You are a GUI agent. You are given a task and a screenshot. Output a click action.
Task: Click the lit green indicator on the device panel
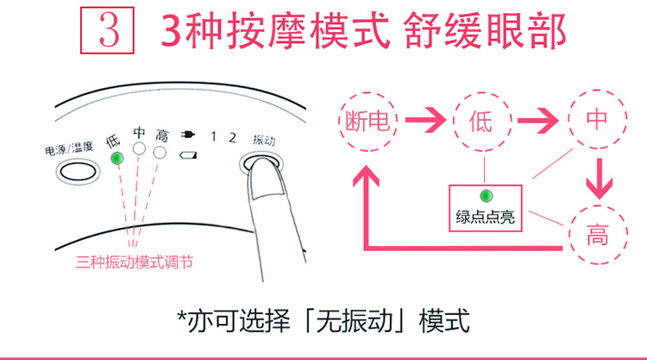pos(117,158)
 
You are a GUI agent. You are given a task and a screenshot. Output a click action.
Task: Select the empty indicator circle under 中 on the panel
pos(139,148)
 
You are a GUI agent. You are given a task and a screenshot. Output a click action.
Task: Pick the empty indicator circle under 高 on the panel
pos(160,153)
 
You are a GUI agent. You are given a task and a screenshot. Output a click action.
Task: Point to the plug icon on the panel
pos(188,135)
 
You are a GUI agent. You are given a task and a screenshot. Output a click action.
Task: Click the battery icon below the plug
pos(188,155)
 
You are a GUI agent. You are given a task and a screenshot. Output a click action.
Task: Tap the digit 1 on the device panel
pos(213,136)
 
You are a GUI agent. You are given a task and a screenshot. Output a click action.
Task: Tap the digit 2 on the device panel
pos(232,137)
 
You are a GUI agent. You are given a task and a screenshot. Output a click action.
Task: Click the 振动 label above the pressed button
pos(264,141)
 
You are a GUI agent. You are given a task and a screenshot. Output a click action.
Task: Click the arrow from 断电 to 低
pos(425,120)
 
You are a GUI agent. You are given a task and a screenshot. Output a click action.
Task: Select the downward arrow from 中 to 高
pos(600,179)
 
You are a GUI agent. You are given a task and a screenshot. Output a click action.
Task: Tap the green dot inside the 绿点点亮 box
pos(486,196)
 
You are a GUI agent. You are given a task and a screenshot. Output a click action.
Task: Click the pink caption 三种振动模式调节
pos(135,262)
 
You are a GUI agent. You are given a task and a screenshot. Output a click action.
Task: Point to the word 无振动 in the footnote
pos(354,320)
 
